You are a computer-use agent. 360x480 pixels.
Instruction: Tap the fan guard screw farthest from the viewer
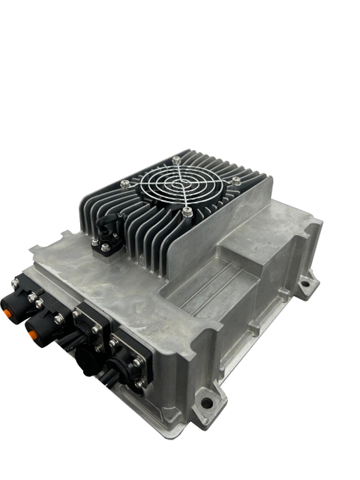coord(176,159)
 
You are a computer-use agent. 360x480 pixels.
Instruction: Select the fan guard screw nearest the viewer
coord(187,213)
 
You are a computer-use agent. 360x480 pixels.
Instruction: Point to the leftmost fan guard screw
coord(124,184)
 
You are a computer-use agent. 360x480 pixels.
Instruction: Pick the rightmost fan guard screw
coord(235,181)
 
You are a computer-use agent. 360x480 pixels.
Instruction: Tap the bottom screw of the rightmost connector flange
coord(140,384)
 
